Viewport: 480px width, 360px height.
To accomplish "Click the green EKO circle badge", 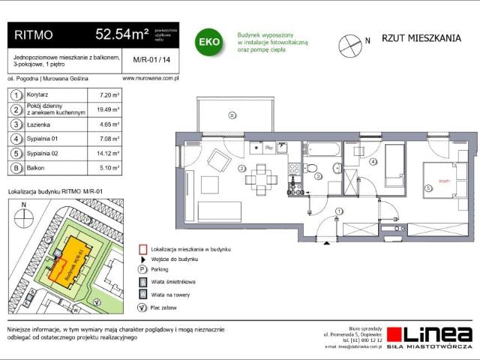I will pos(208,41).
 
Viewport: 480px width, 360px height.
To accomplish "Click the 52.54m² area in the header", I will pos(122,34).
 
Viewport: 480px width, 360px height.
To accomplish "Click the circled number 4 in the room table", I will pos(14,139).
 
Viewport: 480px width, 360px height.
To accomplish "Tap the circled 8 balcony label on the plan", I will pos(232,115).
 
